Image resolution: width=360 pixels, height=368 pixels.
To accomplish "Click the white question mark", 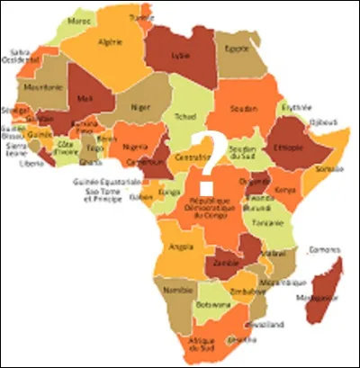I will pyautogui.click(x=209, y=152).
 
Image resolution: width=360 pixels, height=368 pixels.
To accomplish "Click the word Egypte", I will pyautogui.click(x=236, y=49).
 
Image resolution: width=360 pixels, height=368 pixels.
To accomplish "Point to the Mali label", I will pyautogui.click(x=84, y=98).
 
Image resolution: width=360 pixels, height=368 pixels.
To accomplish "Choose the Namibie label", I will pyautogui.click(x=173, y=291).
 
